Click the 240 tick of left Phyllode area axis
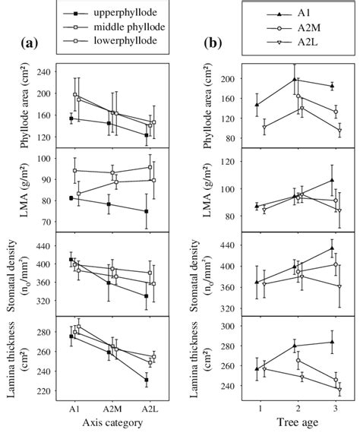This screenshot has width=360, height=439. (x=45, y=73)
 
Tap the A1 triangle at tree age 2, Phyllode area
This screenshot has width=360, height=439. (x=295, y=79)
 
